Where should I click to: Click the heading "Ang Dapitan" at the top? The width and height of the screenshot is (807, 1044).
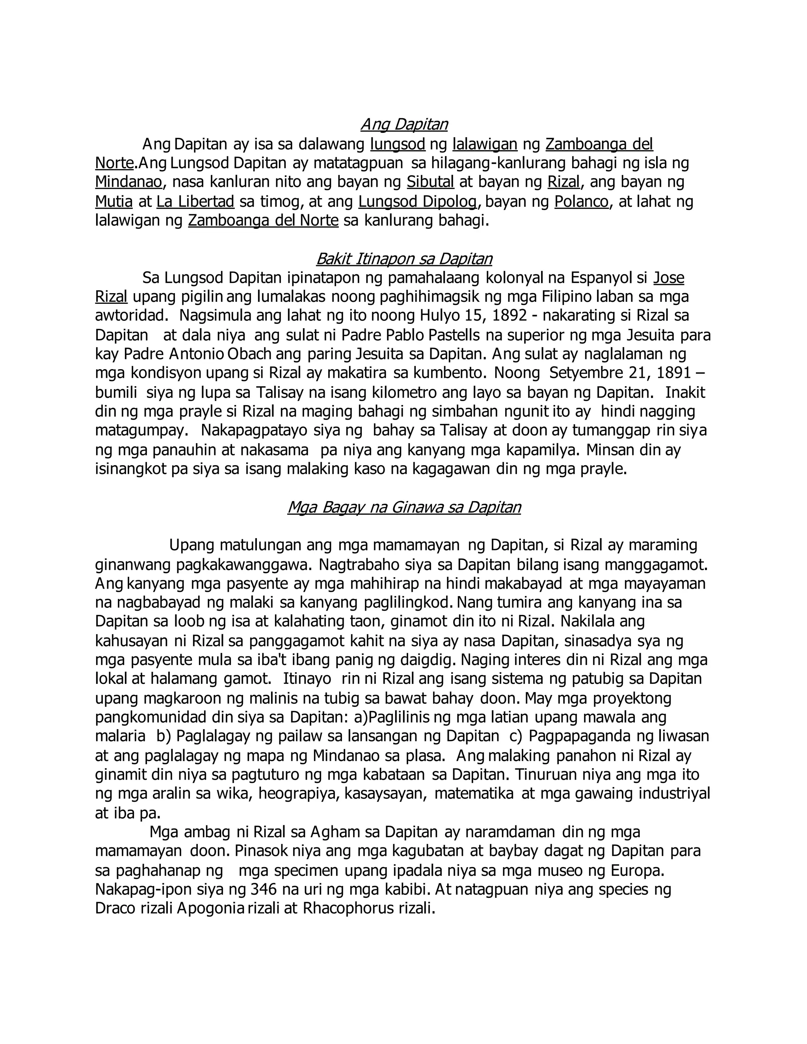[404, 124]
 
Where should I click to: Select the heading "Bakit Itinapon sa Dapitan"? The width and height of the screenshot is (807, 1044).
[404, 258]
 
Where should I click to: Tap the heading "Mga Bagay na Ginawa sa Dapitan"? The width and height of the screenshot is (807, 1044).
[404, 507]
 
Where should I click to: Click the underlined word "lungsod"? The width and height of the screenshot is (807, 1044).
[398, 144]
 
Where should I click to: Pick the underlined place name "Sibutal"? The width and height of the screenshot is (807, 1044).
[430, 182]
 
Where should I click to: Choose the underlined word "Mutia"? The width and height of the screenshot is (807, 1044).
[114, 202]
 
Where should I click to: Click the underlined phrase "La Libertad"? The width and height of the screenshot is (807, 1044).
[195, 202]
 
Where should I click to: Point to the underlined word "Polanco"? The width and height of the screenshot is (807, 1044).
[581, 202]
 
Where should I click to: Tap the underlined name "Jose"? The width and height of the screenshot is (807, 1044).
[668, 278]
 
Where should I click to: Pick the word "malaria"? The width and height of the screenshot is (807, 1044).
[120, 737]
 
